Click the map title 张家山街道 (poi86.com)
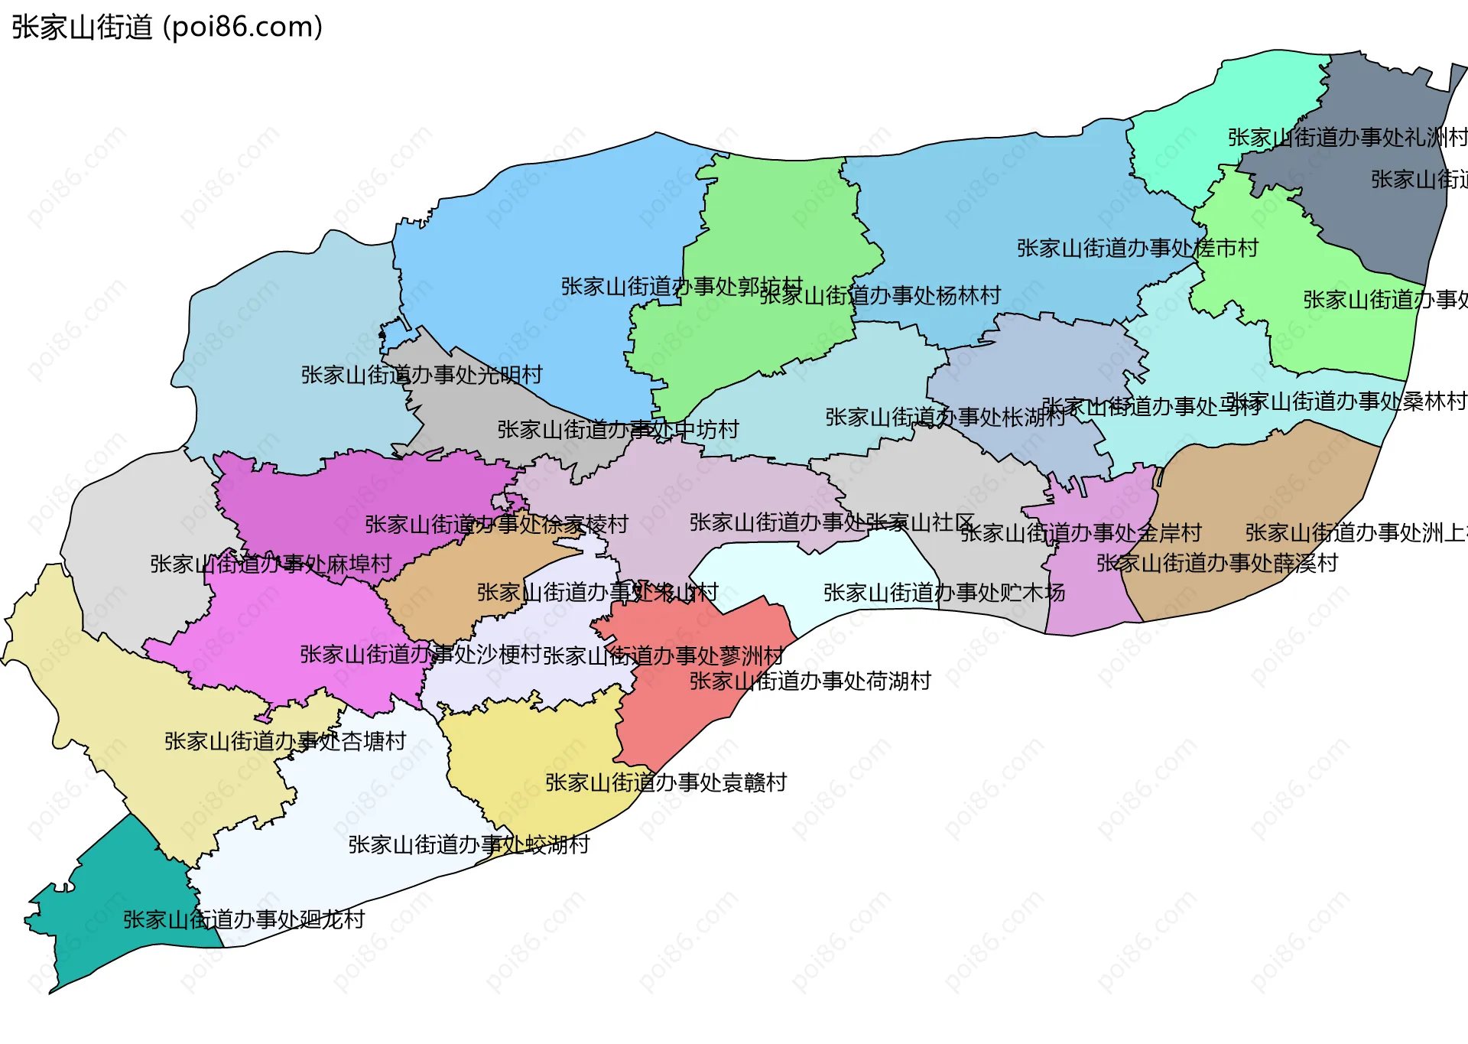[167, 28]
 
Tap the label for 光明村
[421, 375]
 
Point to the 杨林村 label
[881, 295]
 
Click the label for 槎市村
[1138, 249]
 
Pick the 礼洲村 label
[1347, 138]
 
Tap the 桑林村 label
[1347, 402]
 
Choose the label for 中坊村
[618, 430]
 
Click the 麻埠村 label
[271, 564]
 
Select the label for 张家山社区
[832, 523]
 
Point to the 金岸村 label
[1081, 533]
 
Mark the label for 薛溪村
[1217, 564]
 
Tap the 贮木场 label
[944, 593]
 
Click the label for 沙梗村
[421, 655]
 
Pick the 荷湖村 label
[810, 681]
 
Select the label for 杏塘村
[285, 741]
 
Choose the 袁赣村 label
[666, 782]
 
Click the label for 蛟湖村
[469, 844]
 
